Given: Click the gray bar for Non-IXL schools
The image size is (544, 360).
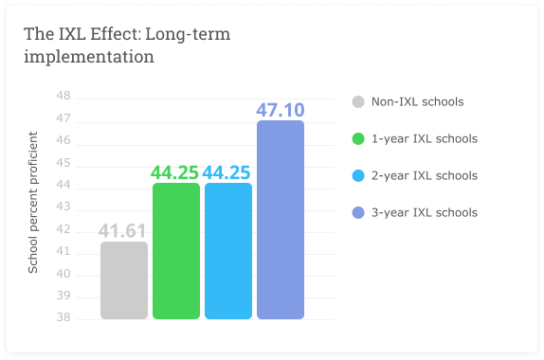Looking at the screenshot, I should point(124,280).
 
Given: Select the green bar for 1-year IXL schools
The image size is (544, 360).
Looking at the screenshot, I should point(176,251).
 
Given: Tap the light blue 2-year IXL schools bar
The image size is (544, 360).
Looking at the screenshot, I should point(228,251).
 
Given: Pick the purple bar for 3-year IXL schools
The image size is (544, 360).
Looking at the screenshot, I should point(281,220).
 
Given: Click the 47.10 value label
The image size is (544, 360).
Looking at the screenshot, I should point(281,110).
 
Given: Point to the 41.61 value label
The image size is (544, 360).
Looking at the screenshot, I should point(124,231).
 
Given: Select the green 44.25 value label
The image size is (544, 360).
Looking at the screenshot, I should point(176,172).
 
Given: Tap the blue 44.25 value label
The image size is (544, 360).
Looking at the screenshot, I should point(228,172).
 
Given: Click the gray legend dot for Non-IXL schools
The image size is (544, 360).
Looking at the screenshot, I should point(358,102).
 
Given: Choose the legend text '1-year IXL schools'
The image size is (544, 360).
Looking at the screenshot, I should point(424,139).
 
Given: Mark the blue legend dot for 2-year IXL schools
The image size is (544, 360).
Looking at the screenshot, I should point(358,176).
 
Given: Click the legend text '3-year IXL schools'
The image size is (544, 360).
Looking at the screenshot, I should point(424,213).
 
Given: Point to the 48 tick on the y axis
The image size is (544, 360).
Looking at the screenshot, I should point(63,97).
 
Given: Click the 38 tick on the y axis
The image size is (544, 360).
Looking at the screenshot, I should point(63,318).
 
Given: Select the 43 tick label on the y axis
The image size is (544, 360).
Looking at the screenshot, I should point(63,207).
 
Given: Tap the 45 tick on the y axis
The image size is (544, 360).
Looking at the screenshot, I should point(63,163).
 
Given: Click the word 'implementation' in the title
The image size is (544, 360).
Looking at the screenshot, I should point(89,57).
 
